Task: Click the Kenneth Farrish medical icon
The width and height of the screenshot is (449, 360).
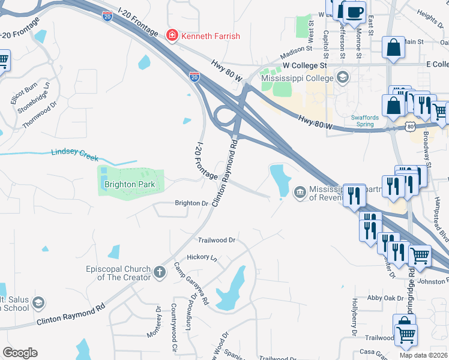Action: tap(172, 36)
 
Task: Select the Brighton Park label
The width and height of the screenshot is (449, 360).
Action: tap(129, 185)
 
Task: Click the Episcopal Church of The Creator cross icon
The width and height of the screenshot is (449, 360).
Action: tap(160, 272)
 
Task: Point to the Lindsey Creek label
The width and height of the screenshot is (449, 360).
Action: tap(74, 154)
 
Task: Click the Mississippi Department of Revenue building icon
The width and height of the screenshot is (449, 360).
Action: tap(299, 192)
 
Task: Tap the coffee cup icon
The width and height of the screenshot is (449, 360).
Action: tap(354, 12)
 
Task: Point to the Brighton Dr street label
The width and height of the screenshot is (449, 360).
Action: tap(191, 203)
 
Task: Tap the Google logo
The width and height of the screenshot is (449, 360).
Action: tap(20, 352)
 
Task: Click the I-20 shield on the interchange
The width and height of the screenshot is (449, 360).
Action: tap(194, 77)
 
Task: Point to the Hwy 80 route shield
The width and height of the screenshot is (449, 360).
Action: tap(409, 127)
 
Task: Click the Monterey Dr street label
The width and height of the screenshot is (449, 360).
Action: tap(158, 321)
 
